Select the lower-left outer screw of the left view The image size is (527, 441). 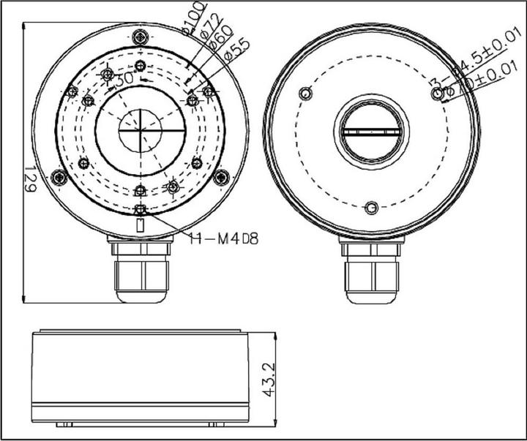point(60,176)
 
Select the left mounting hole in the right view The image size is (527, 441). point(306,93)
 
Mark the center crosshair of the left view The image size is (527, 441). point(142,130)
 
